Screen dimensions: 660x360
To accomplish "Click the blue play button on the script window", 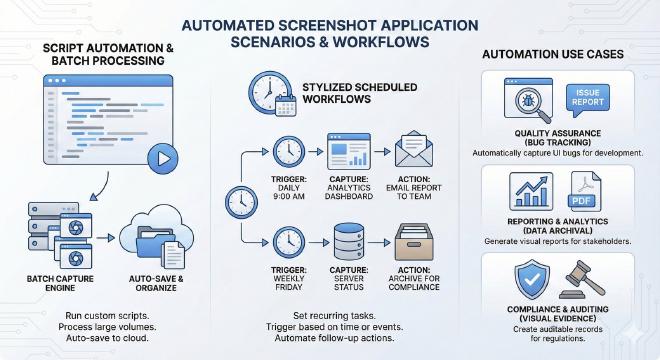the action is coord(163,159).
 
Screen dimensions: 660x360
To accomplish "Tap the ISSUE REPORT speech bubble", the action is coord(588,100).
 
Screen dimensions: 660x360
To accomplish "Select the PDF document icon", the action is coord(584,192).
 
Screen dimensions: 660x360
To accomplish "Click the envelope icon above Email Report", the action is coord(414,149).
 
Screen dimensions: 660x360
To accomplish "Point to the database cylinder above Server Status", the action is coord(349,242).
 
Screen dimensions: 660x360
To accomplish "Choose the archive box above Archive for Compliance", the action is coord(414,242).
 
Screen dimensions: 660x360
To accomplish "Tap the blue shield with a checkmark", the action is coord(532,279).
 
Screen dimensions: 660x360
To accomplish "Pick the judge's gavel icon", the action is coord(582,279).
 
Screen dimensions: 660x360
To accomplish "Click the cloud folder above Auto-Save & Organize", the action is coord(156,237).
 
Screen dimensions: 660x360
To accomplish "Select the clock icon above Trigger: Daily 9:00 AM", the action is coord(289,152).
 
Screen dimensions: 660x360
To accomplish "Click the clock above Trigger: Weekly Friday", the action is coord(289,243).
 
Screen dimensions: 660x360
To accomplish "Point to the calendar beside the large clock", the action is coord(286,105).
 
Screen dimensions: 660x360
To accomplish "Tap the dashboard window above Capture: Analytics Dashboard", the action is coord(349,151).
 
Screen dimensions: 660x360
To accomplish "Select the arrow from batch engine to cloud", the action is coord(106,238).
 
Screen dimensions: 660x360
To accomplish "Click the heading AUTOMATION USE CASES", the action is coord(553,54).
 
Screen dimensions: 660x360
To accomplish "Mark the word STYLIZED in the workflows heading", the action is coord(327,87).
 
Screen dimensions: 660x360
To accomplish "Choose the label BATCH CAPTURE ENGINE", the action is coord(60,283).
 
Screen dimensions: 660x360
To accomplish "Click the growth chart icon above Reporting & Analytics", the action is coord(531,192).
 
